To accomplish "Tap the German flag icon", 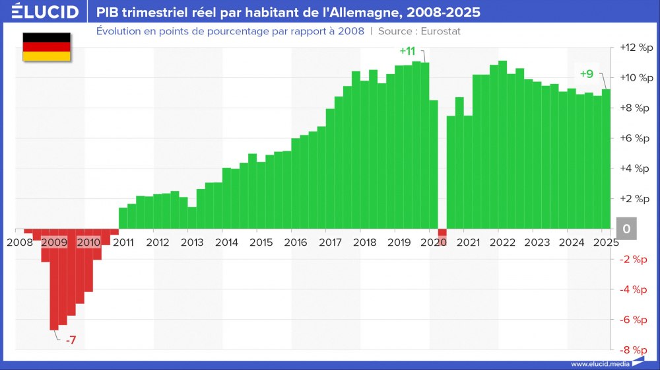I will click(47, 47).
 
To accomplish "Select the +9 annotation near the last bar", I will click(587, 74).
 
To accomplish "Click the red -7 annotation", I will click(71, 340).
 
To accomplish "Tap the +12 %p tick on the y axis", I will click(634, 48).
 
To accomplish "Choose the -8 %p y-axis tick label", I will click(635, 350).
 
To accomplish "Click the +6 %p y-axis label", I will click(635, 138).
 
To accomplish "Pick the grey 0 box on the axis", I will click(626, 229).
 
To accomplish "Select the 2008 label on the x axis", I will click(19, 242).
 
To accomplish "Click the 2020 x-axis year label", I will click(434, 242).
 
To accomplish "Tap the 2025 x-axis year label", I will click(605, 242).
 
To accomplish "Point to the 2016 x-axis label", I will click(296, 242).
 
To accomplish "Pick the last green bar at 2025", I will click(606, 159).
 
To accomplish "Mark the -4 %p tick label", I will click(635, 289).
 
